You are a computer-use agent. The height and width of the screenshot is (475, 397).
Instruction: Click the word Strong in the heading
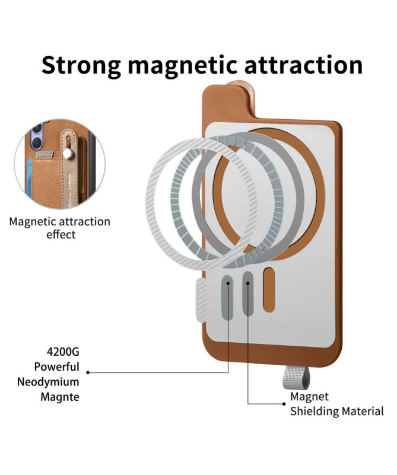(81, 65)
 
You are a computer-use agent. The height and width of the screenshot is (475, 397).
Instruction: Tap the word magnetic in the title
(182, 65)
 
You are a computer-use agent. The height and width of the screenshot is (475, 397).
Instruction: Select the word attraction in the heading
(303, 65)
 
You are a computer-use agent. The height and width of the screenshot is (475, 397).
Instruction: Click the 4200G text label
(63, 352)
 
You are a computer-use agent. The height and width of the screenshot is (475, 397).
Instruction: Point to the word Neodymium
(48, 382)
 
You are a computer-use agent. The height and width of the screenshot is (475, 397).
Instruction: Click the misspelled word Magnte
(60, 397)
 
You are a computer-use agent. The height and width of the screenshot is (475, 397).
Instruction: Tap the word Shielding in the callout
(315, 412)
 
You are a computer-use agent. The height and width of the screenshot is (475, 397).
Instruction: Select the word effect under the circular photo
(61, 235)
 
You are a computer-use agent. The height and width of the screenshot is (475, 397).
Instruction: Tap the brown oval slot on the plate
(269, 290)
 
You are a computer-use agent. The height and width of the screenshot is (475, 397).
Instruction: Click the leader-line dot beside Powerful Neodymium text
(88, 372)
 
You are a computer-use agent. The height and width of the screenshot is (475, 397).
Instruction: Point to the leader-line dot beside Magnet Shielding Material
(284, 404)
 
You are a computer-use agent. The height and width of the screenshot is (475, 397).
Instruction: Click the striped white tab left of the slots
(201, 300)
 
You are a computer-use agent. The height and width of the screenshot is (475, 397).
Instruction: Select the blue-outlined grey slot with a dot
(227, 298)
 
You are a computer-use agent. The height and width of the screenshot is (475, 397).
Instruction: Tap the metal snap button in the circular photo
(68, 155)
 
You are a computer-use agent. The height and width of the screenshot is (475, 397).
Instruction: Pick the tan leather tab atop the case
(243, 97)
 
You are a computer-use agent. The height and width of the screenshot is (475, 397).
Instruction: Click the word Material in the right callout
(363, 412)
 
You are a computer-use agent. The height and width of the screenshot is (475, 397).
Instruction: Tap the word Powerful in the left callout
(56, 367)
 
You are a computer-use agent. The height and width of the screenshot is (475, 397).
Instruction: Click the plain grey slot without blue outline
(247, 294)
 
